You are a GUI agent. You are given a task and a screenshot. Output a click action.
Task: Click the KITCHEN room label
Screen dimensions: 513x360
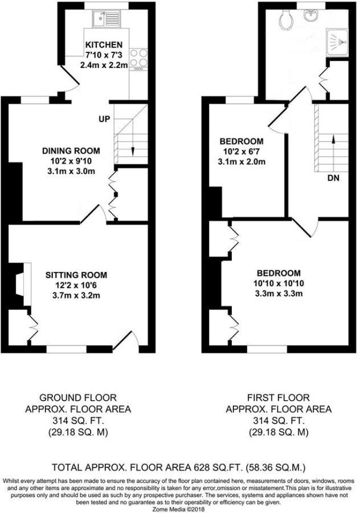pyautogui.click(x=104, y=44)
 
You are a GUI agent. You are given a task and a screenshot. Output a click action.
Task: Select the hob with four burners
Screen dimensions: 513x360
pyautogui.click(x=138, y=59)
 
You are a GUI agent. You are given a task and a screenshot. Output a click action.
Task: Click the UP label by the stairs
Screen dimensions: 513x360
pyautogui.click(x=104, y=119)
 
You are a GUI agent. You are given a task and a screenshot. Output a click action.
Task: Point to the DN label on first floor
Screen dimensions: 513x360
pyautogui.click(x=334, y=178)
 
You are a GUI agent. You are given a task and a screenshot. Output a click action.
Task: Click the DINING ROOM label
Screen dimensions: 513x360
pyautogui.click(x=71, y=151)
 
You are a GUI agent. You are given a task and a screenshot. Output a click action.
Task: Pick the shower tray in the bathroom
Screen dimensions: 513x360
pyautogui.click(x=335, y=40)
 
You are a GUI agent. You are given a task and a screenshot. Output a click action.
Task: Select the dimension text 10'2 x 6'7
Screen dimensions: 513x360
pyautogui.click(x=242, y=152)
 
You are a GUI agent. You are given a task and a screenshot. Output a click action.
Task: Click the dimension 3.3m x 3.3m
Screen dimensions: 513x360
pyautogui.click(x=278, y=294)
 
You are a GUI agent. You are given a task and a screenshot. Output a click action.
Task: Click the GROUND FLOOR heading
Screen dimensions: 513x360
pyautogui.click(x=78, y=397)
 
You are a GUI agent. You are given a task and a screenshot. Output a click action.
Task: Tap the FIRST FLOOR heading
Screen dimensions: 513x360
pyautogui.click(x=279, y=397)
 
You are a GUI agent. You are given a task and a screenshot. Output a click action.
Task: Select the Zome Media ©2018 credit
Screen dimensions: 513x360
pyautogui.click(x=180, y=494)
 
